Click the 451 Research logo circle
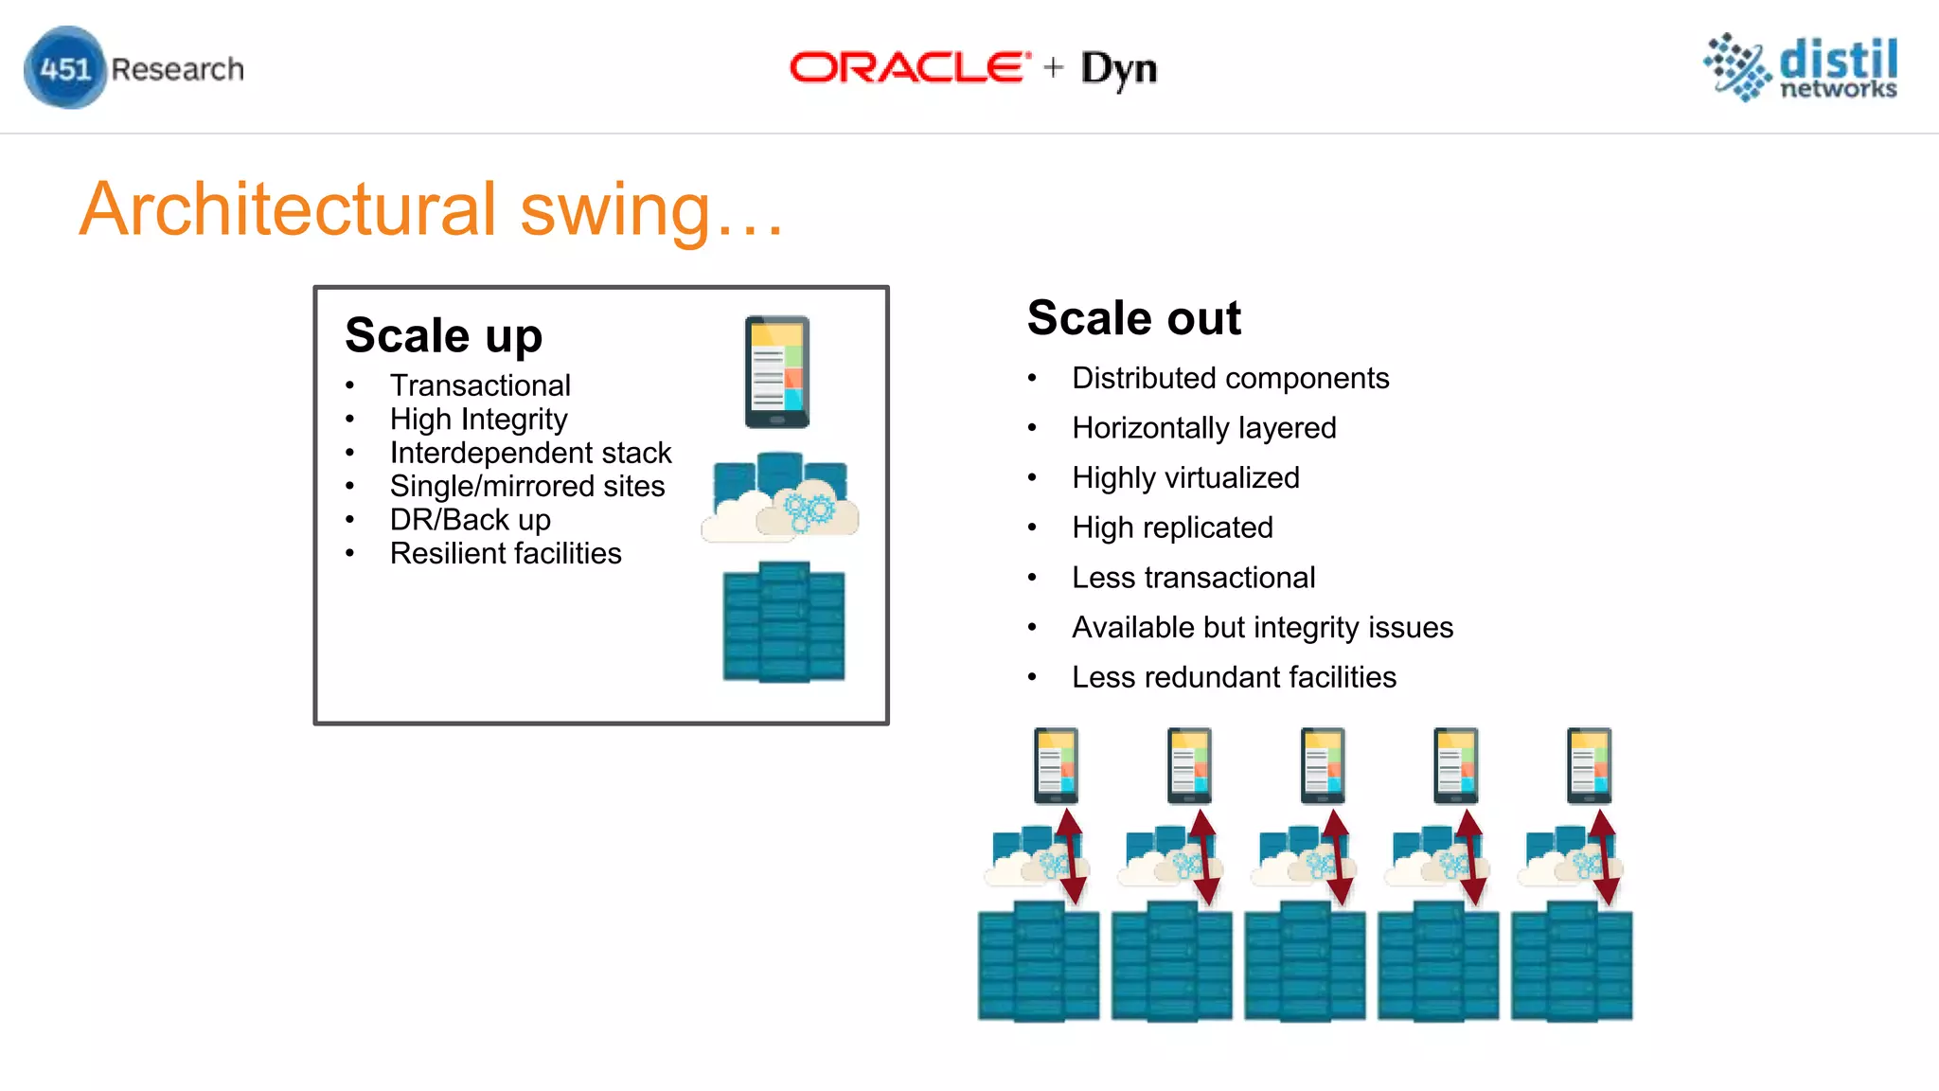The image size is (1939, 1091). tap(64, 68)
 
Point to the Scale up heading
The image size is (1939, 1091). tap(443, 335)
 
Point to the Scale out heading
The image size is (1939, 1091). tap(1133, 318)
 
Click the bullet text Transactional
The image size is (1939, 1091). tap(480, 385)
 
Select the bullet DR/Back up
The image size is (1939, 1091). tap(470, 520)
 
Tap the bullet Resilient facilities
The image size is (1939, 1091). tap(506, 553)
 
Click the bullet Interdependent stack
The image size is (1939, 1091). tap(530, 453)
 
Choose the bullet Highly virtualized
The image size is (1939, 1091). tap(1185, 477)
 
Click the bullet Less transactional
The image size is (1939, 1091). tap(1193, 578)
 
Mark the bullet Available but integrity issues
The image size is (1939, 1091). tap(1262, 627)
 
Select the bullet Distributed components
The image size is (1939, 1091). tap(1230, 378)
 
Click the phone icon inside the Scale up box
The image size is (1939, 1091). tap(777, 372)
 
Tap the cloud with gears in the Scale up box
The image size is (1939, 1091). tap(807, 512)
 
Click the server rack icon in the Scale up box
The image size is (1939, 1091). tap(784, 622)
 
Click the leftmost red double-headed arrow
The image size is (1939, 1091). tap(1071, 856)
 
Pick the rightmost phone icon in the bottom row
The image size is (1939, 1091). tap(1590, 765)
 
